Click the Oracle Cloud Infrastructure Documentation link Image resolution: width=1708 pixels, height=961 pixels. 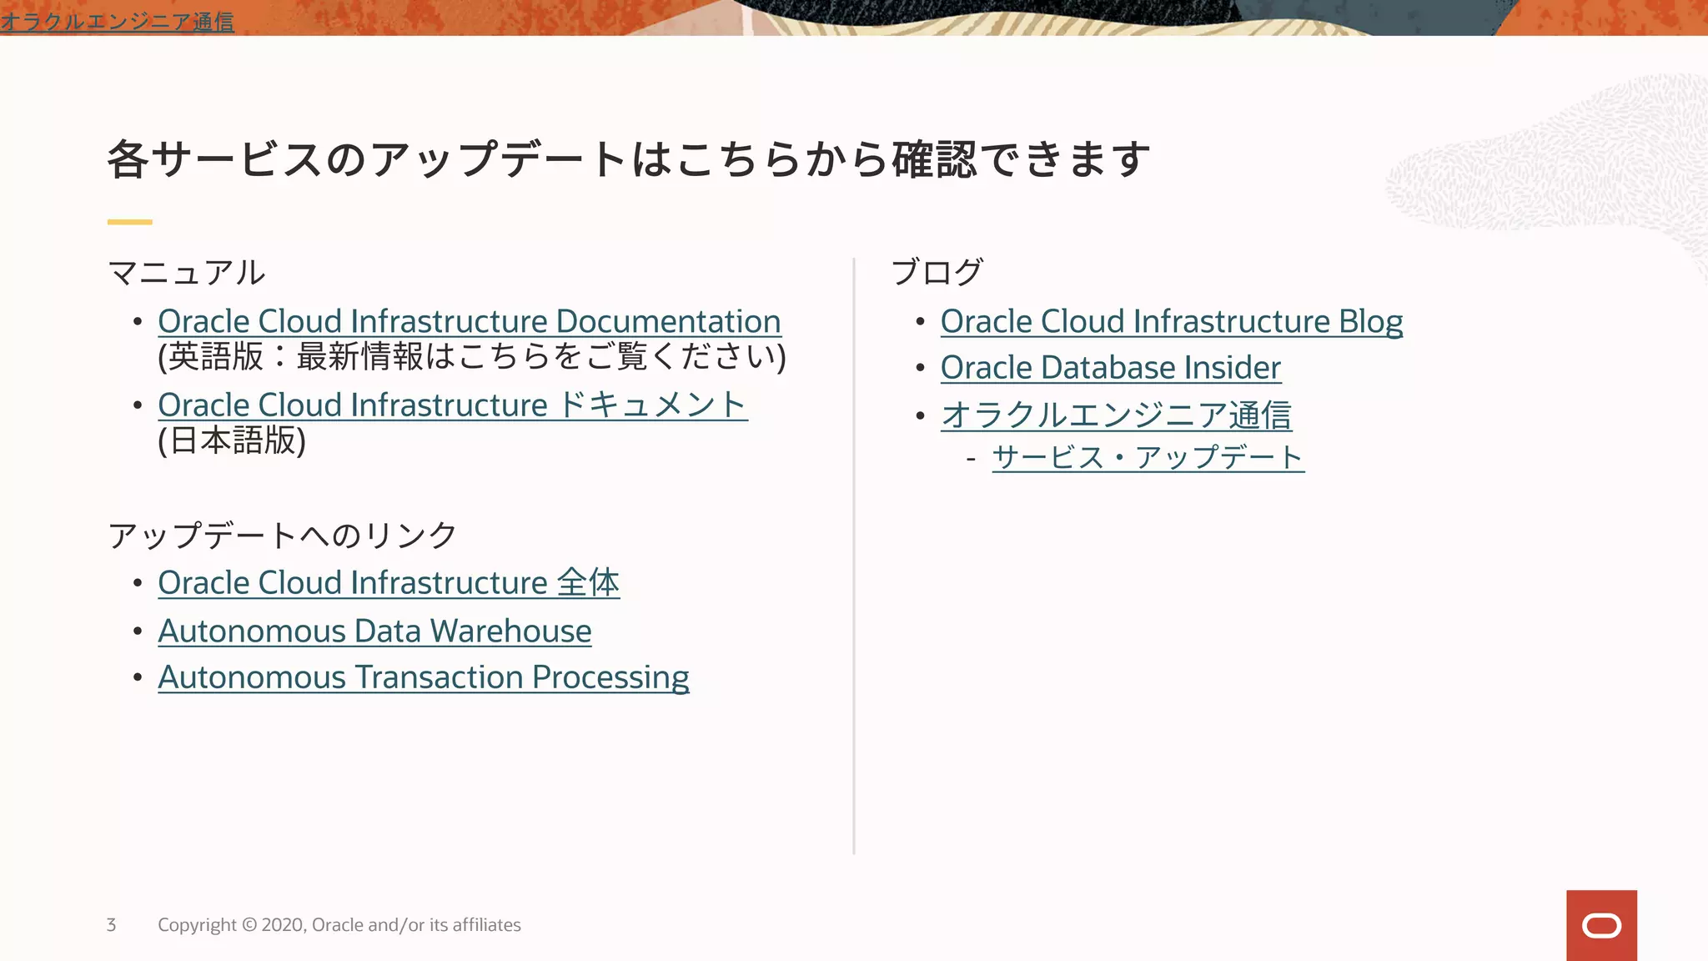click(x=469, y=321)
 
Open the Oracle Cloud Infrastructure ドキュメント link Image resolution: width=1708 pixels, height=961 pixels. click(x=452, y=405)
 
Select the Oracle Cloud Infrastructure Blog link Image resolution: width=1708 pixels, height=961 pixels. click(x=1171, y=321)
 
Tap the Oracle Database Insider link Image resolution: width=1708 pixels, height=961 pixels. click(x=1110, y=368)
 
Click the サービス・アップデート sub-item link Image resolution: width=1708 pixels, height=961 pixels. click(x=1148, y=457)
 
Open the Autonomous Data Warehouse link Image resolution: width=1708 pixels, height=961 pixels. click(x=374, y=631)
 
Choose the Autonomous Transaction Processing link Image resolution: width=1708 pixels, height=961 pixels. click(x=423, y=677)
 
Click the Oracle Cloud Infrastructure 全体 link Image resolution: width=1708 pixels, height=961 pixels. click(x=388, y=583)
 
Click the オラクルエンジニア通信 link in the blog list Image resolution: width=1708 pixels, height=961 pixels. click(x=1116, y=415)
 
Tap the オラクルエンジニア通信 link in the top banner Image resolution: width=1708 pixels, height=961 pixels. click(x=117, y=21)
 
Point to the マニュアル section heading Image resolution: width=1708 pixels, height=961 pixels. click(x=186, y=273)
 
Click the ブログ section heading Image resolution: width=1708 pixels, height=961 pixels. click(x=937, y=273)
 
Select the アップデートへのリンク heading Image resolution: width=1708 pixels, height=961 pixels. click(x=282, y=536)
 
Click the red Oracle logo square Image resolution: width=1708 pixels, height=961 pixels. click(x=1600, y=925)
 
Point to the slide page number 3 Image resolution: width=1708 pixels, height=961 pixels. click(x=111, y=925)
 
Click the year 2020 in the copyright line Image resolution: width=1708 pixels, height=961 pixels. click(x=283, y=925)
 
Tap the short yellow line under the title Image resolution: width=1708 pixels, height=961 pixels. click(x=129, y=222)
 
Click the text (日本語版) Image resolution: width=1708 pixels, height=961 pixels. click(x=232, y=440)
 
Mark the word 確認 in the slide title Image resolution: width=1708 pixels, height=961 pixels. click(x=933, y=158)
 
